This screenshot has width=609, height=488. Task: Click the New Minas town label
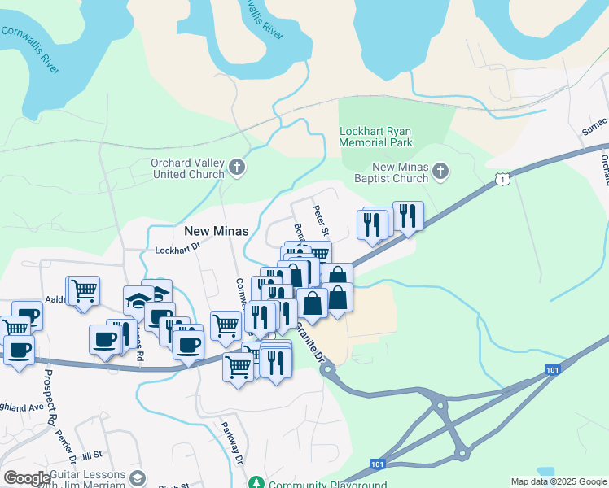click(x=216, y=230)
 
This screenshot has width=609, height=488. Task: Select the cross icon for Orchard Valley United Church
click(x=237, y=168)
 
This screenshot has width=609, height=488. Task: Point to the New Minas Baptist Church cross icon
click(x=440, y=171)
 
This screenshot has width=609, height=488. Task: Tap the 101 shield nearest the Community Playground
click(x=377, y=464)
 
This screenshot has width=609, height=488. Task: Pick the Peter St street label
click(x=320, y=216)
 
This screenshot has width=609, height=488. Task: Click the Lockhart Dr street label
click(x=177, y=251)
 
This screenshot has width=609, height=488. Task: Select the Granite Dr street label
click(x=309, y=343)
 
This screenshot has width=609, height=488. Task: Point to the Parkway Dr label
click(x=233, y=442)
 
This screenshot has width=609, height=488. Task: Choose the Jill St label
click(x=90, y=455)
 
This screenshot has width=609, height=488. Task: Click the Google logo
click(x=27, y=478)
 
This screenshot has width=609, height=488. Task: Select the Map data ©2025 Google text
click(x=558, y=481)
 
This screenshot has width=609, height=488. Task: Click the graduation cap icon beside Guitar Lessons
click(x=138, y=477)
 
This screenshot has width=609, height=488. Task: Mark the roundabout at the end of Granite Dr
click(x=327, y=370)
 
